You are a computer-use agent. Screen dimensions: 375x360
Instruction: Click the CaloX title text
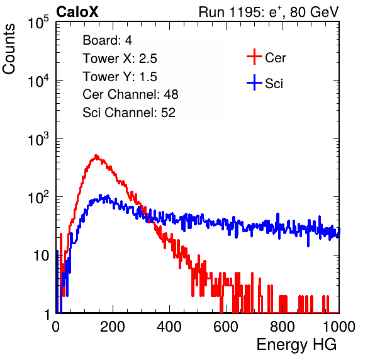click(77, 11)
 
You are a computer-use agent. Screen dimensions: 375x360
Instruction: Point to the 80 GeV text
click(315, 12)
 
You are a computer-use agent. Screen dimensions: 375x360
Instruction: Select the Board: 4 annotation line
click(107, 40)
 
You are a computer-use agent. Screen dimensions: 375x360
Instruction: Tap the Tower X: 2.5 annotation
click(120, 59)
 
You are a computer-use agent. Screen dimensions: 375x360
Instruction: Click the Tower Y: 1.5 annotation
click(120, 77)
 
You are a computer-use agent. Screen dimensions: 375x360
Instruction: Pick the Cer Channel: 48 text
click(130, 94)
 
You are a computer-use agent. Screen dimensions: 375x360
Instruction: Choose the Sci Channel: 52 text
click(129, 113)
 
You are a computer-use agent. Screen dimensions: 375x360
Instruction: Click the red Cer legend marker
click(254, 57)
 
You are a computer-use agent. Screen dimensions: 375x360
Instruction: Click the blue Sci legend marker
click(254, 82)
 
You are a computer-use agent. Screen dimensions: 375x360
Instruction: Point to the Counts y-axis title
click(9, 49)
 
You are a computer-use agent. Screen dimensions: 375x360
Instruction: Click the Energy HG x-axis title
click(296, 345)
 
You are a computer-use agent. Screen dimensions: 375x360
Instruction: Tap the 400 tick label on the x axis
click(169, 327)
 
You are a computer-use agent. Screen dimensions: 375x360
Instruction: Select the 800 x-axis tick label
click(283, 327)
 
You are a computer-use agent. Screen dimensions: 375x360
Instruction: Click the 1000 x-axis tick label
click(339, 327)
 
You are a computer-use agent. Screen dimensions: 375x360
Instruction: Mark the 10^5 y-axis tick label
click(38, 23)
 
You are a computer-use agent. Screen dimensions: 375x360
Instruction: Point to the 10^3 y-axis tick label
click(38, 140)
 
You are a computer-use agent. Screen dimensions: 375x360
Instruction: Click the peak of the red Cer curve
click(96, 156)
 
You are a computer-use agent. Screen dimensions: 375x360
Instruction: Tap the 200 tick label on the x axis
click(113, 327)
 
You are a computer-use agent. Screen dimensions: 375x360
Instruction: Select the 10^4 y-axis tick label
click(38, 81)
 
